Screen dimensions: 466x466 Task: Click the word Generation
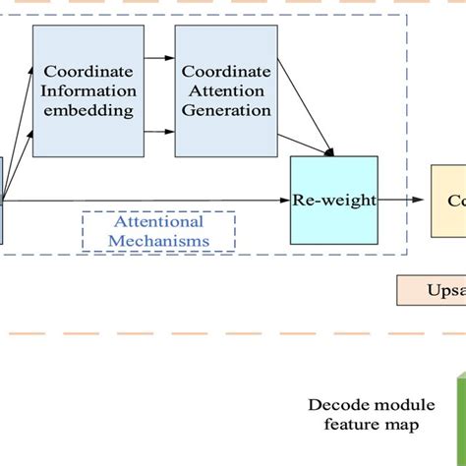click(225, 110)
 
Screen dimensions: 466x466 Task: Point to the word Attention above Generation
click(225, 90)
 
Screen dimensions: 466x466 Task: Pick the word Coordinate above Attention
click(225, 71)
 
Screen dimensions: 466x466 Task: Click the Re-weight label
click(333, 201)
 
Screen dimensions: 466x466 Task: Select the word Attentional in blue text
click(158, 222)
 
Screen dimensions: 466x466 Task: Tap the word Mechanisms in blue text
click(158, 240)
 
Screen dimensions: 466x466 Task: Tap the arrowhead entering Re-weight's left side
click(284, 201)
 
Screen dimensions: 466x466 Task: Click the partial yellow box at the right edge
click(448, 201)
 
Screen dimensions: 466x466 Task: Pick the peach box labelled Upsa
click(432, 291)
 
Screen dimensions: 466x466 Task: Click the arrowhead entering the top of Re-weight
click(330, 152)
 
